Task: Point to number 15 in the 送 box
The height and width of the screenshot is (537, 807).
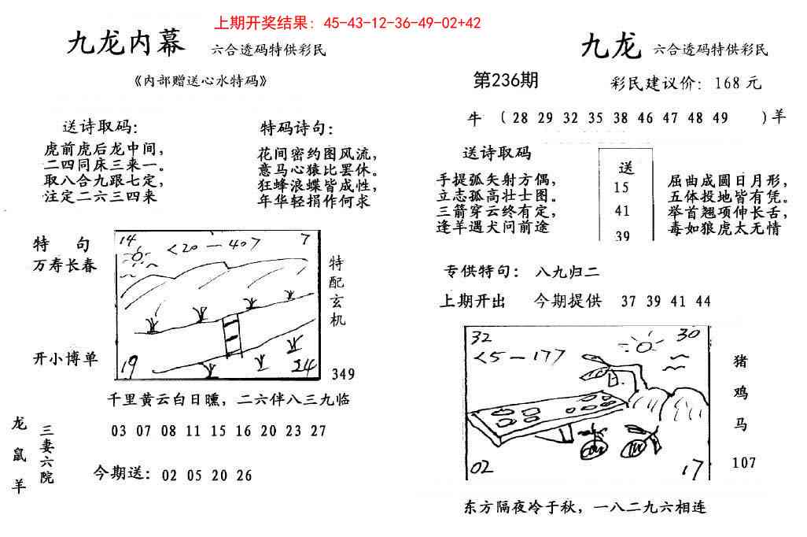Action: coord(621,187)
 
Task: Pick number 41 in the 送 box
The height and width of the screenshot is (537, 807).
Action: coord(622,210)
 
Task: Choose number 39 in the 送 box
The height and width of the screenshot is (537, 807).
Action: coord(622,235)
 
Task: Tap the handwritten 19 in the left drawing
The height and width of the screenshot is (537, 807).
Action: coord(131,365)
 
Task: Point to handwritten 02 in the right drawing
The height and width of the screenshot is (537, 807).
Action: coord(481,468)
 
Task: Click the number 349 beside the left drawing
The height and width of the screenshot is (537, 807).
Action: coord(343,373)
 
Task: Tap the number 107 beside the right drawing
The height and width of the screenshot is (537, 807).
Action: coord(743,462)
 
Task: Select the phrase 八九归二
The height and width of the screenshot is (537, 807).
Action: coord(566,272)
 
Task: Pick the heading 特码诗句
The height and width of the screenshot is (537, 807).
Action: coord(297,128)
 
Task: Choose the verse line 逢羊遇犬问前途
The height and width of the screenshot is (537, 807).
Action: coord(492,228)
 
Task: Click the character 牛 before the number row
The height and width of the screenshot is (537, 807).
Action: coord(474,117)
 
